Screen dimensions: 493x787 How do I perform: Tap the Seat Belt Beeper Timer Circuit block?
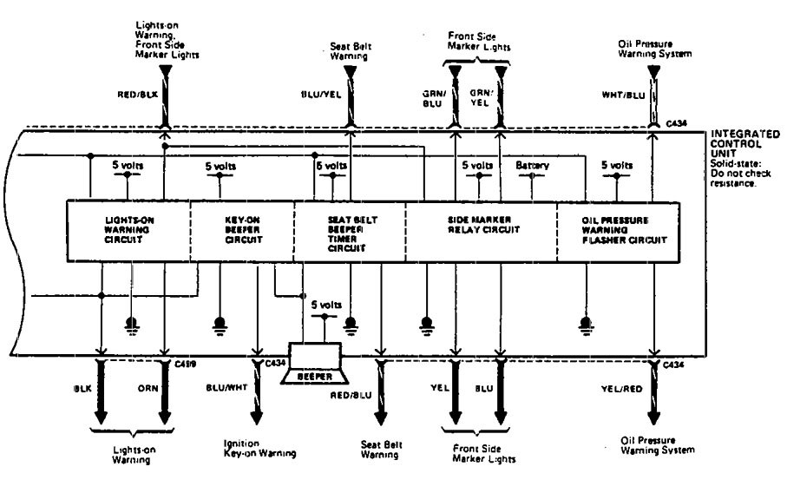[350, 232]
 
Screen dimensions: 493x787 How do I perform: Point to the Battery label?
[533, 165]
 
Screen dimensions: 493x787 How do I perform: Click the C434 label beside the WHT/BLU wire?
[676, 124]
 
